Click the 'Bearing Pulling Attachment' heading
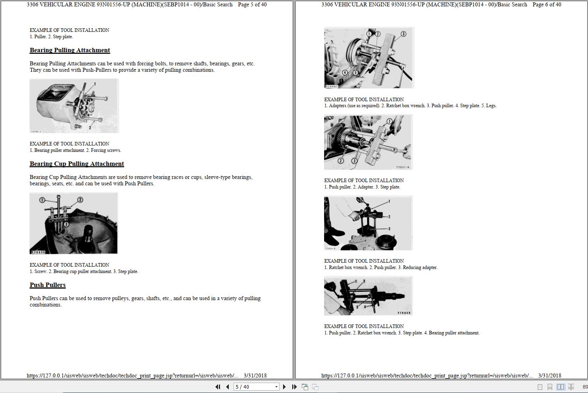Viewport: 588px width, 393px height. (x=70, y=50)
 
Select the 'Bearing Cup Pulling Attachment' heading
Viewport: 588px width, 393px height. (x=77, y=164)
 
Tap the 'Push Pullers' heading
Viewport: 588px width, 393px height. (x=47, y=285)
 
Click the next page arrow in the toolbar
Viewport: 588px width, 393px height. (x=284, y=387)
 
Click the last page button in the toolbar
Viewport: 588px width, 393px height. (x=294, y=387)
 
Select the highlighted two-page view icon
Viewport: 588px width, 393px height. (x=560, y=387)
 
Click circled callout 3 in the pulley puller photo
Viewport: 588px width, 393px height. (x=403, y=34)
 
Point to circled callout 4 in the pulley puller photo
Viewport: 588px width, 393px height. (x=345, y=73)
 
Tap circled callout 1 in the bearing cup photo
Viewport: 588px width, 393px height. (x=42, y=200)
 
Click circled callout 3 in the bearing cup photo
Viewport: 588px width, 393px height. (x=66, y=224)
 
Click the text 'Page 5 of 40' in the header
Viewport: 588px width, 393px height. (x=252, y=4)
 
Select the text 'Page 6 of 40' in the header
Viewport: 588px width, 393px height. (x=547, y=4)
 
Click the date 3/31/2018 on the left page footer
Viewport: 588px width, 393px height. (x=255, y=375)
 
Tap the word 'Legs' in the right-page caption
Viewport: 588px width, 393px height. (x=491, y=106)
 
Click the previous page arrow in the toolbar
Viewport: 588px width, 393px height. (x=228, y=387)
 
